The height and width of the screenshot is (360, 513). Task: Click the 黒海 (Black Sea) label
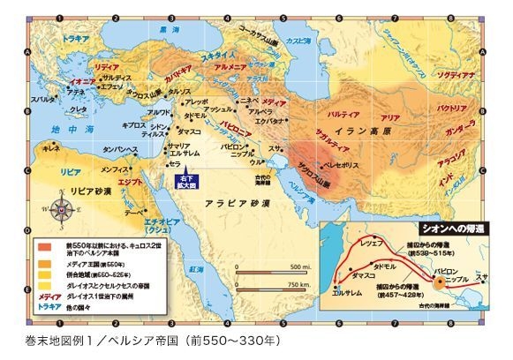coord(162,29)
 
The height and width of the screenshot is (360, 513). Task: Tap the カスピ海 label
coord(313,42)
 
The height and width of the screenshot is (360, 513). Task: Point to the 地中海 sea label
coord(66,129)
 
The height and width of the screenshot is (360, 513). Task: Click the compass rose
coord(64,210)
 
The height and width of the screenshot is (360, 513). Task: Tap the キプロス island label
coord(134,125)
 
